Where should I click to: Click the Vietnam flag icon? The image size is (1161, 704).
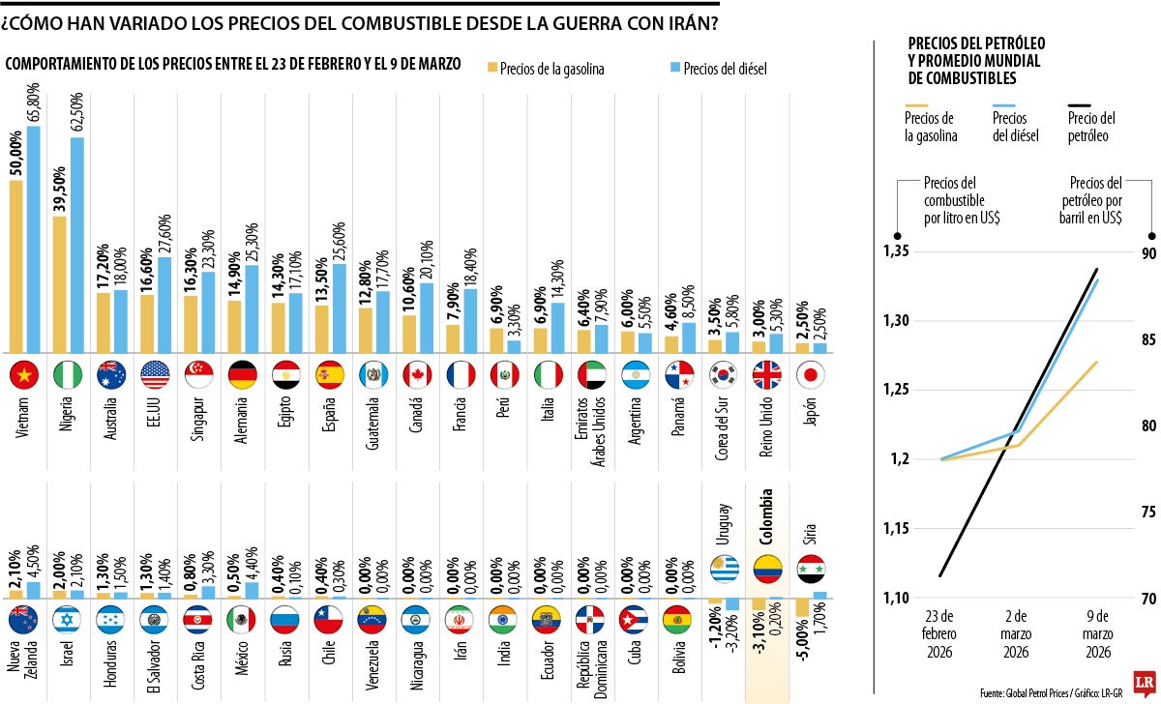23,374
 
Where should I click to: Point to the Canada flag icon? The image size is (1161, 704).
417,374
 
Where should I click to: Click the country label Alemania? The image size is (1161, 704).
242,422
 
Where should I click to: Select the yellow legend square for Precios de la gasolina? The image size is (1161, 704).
491,68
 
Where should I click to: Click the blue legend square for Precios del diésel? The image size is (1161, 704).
675,68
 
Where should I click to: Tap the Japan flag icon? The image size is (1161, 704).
811,374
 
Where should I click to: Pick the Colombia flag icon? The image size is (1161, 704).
767,570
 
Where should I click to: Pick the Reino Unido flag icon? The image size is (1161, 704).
767,374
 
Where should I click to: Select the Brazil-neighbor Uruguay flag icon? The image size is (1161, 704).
724,570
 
